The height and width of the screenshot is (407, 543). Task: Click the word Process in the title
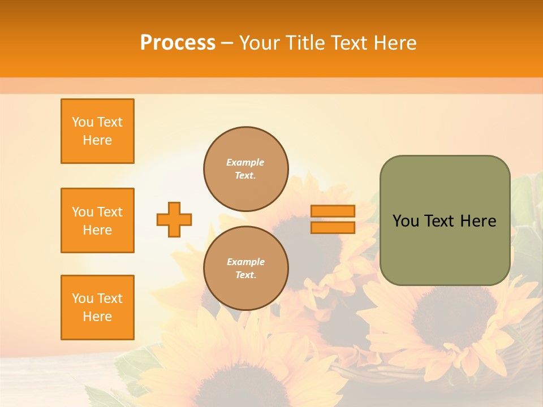click(x=178, y=43)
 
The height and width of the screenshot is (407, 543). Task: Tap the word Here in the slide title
click(x=395, y=43)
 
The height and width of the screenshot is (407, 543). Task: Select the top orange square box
click(x=97, y=131)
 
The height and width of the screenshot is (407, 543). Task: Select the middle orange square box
click(x=97, y=220)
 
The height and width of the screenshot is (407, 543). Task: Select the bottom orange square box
click(x=97, y=308)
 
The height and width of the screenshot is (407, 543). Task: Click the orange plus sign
click(x=174, y=219)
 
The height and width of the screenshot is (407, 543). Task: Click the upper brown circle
click(x=246, y=169)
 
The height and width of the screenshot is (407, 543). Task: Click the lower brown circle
click(x=246, y=269)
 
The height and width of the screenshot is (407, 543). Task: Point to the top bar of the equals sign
click(x=333, y=211)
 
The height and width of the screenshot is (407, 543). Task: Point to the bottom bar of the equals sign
click(x=333, y=227)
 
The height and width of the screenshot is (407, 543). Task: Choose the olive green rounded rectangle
click(x=445, y=249)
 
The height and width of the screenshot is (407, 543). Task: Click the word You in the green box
click(x=406, y=221)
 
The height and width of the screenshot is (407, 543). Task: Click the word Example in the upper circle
click(x=245, y=162)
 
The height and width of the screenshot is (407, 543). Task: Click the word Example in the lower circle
click(x=245, y=262)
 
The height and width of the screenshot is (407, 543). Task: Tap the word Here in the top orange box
click(x=97, y=140)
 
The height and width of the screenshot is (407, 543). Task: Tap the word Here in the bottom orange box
click(x=97, y=317)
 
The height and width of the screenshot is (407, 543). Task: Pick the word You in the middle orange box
click(x=83, y=212)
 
